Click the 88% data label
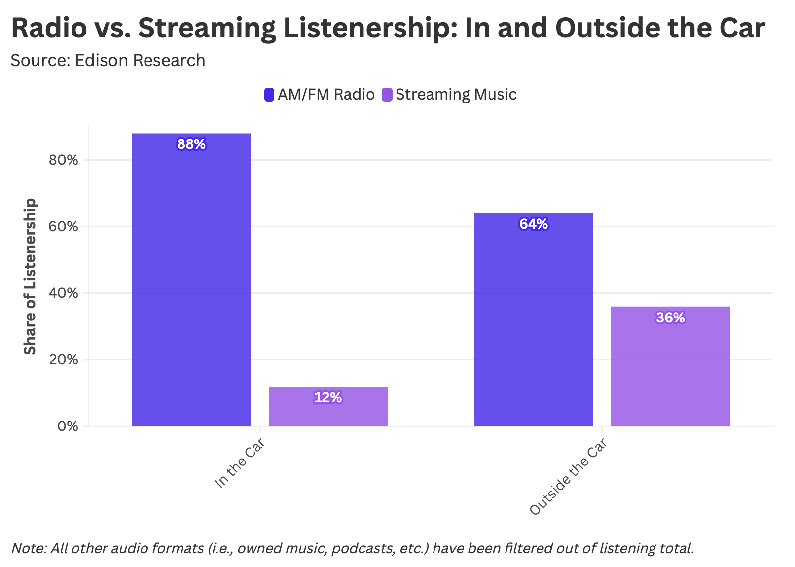pyautogui.click(x=191, y=144)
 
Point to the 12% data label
pyautogui.click(x=328, y=397)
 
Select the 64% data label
pyautogui.click(x=533, y=224)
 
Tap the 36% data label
pyautogui.click(x=670, y=318)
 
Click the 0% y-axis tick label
pyautogui.click(x=68, y=426)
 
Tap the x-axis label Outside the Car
pyautogui.click(x=567, y=477)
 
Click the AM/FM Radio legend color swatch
pyautogui.click(x=269, y=95)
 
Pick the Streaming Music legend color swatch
pyautogui.click(x=387, y=95)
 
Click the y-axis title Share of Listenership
pyautogui.click(x=31, y=276)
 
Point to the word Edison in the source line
pyautogui.click(x=102, y=60)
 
